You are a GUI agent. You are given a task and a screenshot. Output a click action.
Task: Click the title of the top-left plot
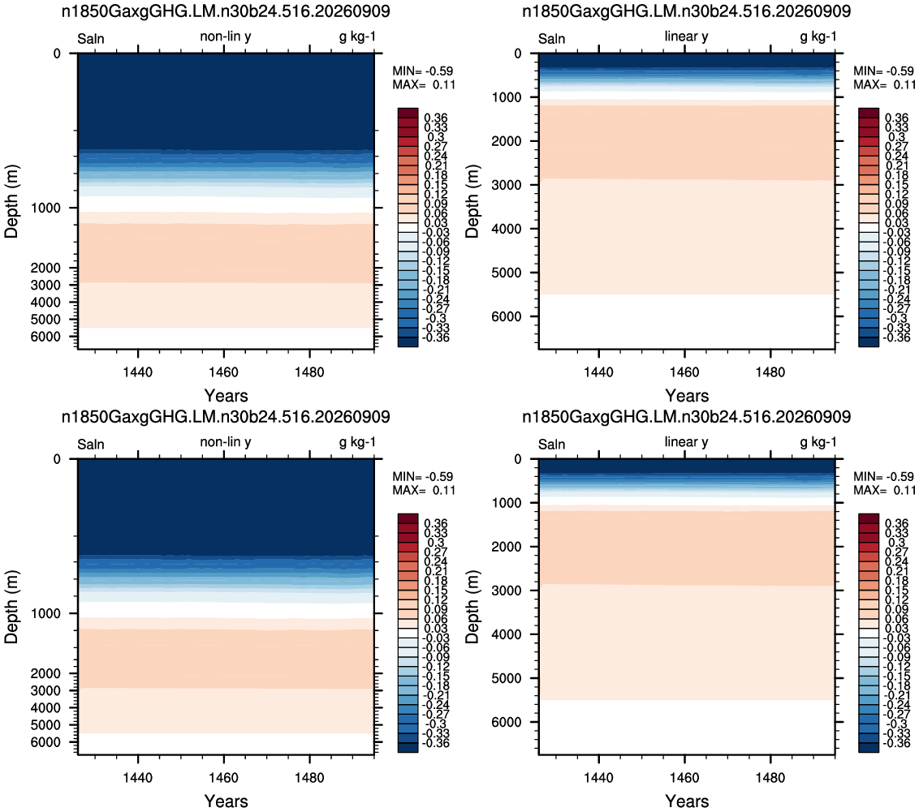tap(226, 11)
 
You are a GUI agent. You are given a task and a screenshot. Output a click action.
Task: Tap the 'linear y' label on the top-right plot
tap(686, 37)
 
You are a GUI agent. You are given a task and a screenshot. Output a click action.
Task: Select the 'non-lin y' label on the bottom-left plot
tap(226, 442)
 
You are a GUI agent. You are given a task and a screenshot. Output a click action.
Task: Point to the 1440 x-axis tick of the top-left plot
tap(138, 372)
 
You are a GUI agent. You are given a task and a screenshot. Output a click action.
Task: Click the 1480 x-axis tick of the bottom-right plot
tap(770, 778)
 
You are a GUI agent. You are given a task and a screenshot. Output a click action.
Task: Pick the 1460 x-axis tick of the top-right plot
tap(684, 372)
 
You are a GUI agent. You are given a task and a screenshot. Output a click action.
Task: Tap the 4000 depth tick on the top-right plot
tap(507, 229)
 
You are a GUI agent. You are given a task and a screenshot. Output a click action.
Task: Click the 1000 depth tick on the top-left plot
tap(45, 208)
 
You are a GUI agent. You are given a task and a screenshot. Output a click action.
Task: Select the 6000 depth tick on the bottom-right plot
tap(507, 723)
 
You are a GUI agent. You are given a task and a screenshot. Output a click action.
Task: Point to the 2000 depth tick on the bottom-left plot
tap(45, 674)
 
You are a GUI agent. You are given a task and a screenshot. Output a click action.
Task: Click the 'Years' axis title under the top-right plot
tap(687, 397)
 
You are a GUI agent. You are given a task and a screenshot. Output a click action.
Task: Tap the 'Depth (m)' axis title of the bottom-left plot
tap(11, 607)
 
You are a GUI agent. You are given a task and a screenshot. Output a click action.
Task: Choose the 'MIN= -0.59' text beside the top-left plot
tap(423, 71)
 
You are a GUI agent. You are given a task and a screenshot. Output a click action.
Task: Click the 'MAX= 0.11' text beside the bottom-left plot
tap(424, 491)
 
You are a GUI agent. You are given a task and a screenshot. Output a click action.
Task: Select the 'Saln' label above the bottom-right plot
tap(551, 445)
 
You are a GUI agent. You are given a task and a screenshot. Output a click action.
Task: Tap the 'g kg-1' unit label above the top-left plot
tap(357, 37)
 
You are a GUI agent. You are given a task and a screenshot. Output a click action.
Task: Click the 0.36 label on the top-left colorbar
tap(435, 118)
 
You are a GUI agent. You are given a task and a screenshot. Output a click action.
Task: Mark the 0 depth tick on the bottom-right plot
tap(517, 460)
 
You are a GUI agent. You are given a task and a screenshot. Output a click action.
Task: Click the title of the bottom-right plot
tap(686, 417)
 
